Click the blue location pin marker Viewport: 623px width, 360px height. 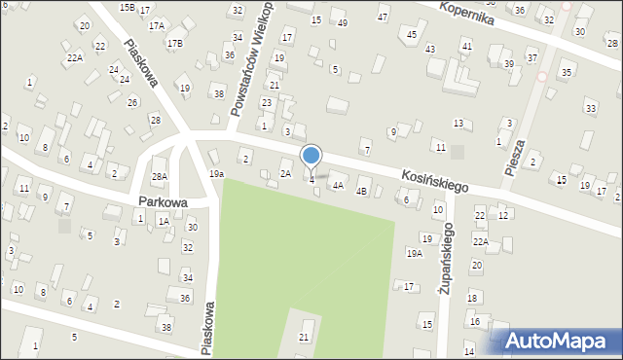[311, 156]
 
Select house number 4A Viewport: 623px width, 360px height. [338, 185]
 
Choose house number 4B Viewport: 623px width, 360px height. [361, 192]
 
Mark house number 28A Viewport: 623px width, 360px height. [160, 176]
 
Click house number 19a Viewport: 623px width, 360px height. [216, 174]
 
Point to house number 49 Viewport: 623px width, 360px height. [342, 22]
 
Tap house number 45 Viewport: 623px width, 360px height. [412, 35]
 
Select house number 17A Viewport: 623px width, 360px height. [156, 25]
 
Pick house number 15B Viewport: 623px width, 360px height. [128, 7]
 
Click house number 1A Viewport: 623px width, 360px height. [164, 222]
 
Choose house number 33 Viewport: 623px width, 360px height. [590, 107]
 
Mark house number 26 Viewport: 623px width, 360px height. [132, 101]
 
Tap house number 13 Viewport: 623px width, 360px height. [458, 123]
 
